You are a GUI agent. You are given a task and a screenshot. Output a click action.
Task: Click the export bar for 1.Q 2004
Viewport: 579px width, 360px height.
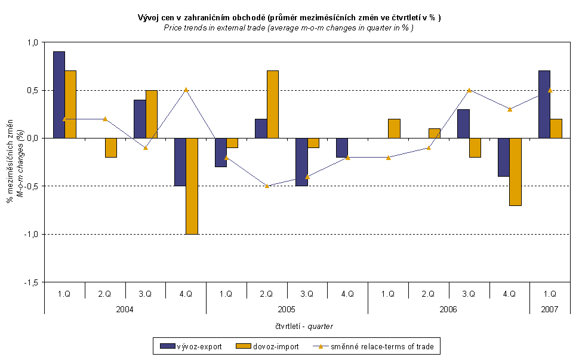click(x=59, y=94)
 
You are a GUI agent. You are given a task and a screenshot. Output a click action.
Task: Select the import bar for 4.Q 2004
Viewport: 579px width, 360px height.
click(x=192, y=186)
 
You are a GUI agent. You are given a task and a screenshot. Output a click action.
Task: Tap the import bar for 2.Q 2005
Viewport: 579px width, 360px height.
click(x=273, y=104)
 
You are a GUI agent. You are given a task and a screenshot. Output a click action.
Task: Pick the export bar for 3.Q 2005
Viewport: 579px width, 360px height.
click(x=301, y=162)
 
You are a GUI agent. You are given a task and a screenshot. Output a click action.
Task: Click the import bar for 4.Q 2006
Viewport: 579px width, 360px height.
click(x=515, y=171)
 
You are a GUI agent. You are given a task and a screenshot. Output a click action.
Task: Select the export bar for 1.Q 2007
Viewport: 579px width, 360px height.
click(x=544, y=104)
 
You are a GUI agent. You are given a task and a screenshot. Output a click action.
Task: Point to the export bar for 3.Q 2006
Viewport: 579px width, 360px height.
click(x=463, y=124)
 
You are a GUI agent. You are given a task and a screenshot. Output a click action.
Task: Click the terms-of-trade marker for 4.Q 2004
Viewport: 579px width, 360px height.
click(x=186, y=90)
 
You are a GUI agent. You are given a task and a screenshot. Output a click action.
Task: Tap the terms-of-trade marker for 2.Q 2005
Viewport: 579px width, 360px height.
click(x=267, y=186)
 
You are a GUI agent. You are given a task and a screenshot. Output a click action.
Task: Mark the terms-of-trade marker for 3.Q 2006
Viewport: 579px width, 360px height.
click(x=469, y=90)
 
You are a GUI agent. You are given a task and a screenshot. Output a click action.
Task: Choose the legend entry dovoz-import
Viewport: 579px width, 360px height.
click(x=265, y=346)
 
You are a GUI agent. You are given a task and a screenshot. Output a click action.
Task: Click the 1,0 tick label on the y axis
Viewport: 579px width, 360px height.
click(x=32, y=42)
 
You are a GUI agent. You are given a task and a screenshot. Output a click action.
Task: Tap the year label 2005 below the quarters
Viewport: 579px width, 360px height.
click(x=287, y=309)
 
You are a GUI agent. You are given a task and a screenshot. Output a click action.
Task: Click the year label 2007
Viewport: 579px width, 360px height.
click(x=549, y=309)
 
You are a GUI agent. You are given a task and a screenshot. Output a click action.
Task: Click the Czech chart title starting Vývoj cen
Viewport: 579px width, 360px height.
click(x=289, y=19)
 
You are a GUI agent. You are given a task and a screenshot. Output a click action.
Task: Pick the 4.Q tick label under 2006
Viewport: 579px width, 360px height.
click(x=509, y=294)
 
